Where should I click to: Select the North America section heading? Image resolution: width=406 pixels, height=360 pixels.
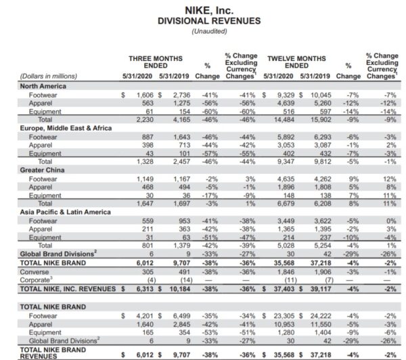43,87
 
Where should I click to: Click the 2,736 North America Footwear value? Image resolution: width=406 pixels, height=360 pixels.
182,96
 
